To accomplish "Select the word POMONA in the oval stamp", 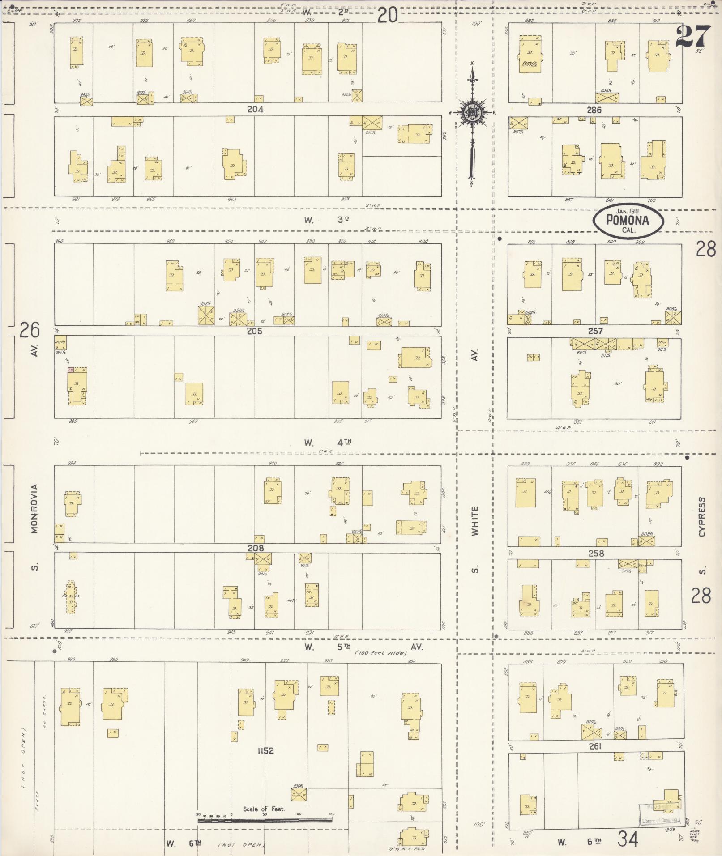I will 628,220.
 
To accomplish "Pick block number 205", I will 254,331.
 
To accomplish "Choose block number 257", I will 595,331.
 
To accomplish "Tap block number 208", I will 256,548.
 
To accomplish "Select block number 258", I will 596,553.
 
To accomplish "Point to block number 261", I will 595,746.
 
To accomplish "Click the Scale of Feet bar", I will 265,821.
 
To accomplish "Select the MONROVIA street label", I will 35,508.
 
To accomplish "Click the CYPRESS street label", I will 702,517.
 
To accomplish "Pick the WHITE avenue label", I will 474,521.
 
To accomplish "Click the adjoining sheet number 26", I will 30,330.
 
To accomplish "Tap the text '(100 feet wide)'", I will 381,653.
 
